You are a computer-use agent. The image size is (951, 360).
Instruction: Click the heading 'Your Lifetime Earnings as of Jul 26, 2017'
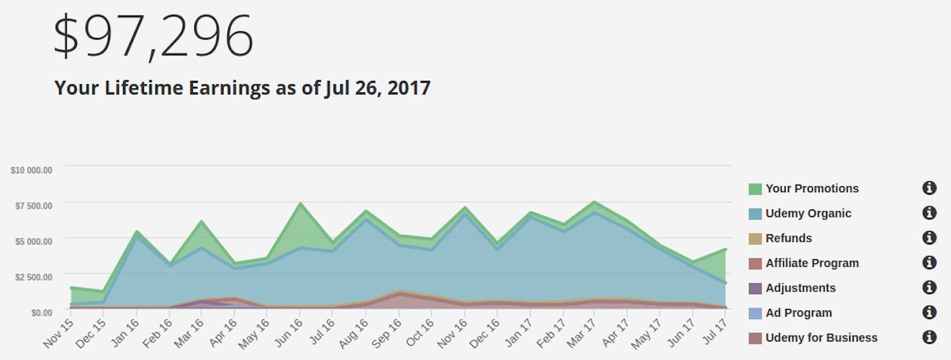[242, 88]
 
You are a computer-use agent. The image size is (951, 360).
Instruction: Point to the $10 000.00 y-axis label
[31, 170]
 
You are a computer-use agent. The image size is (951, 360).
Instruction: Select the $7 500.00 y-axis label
[33, 206]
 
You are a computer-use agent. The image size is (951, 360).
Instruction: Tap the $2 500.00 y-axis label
[33, 276]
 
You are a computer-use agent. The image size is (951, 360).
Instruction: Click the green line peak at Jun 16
[300, 204]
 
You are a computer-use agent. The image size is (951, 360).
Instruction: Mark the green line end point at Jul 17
[725, 250]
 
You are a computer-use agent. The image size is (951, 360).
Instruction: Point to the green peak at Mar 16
[202, 221]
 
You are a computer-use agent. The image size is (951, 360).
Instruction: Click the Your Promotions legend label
[812, 189]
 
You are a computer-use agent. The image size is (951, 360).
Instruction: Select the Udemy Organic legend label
[808, 213]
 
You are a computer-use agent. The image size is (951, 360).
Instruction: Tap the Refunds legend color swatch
[755, 238]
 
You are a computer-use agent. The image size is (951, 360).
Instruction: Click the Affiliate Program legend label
[812, 263]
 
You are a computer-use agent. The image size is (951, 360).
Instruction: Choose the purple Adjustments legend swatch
[755, 288]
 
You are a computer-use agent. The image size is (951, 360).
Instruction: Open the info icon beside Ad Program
[929, 312]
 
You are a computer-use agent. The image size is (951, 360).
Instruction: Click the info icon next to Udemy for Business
[929, 338]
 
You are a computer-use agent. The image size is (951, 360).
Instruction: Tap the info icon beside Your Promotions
[929, 189]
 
